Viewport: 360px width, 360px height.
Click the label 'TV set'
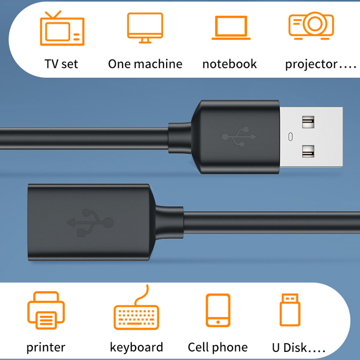pyautogui.click(x=61, y=64)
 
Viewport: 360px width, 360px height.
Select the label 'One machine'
pyautogui.click(x=145, y=64)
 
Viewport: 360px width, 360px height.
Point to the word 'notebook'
pyautogui.click(x=229, y=64)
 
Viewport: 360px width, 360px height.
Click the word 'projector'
pyautogui.click(x=311, y=65)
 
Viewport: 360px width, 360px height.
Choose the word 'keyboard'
pyautogui.click(x=136, y=347)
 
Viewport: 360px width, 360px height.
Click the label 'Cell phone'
pyautogui.click(x=218, y=347)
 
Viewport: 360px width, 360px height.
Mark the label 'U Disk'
pyautogui.click(x=289, y=347)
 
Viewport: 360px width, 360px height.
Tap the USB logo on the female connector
pyautogui.click(x=90, y=222)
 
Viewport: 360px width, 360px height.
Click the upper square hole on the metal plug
pyautogui.click(x=308, y=122)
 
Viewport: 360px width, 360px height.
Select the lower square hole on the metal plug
pyautogui.click(x=308, y=151)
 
